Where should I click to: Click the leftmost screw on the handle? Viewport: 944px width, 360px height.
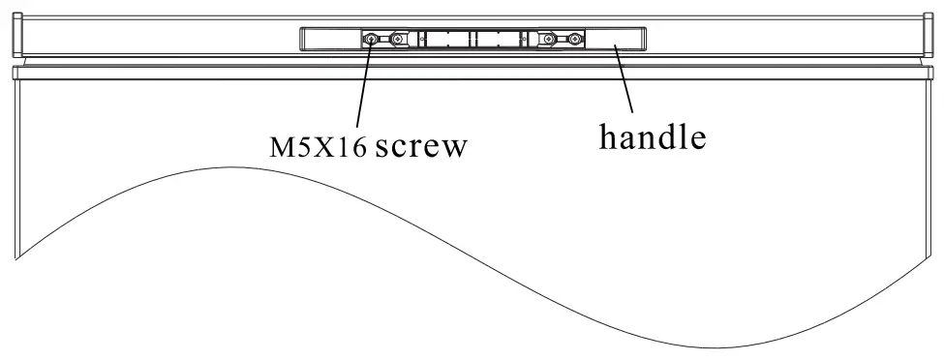tap(374, 39)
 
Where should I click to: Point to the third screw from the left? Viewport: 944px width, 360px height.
tap(549, 39)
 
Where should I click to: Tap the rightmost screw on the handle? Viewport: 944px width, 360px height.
tap(575, 39)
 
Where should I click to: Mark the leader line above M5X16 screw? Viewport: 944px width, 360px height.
tap(364, 87)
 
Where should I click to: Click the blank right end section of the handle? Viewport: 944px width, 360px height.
tap(617, 39)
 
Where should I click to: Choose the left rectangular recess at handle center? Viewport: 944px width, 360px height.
tap(447, 39)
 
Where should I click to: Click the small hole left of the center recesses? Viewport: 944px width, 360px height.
tap(422, 39)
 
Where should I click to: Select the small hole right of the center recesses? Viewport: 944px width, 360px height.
tap(525, 39)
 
